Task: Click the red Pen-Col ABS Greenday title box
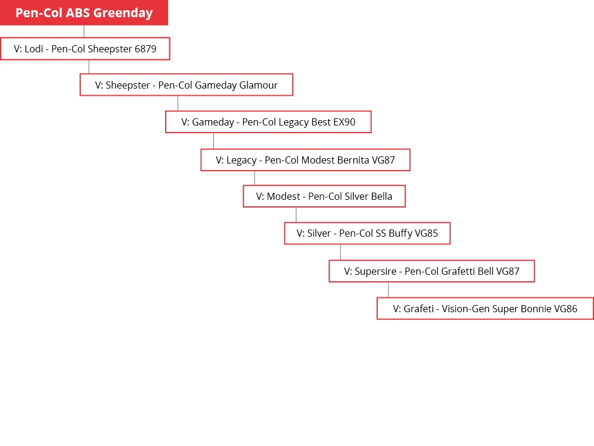tap(84, 12)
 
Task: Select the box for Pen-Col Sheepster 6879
tap(85, 49)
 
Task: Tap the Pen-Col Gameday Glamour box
tap(187, 84)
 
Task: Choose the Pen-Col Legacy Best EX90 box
tap(268, 122)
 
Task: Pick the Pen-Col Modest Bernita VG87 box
tap(305, 159)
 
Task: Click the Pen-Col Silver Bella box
tap(324, 196)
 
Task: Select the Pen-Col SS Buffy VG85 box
tap(368, 233)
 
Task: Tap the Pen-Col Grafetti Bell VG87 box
tap(432, 271)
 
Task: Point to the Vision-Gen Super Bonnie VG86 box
tap(485, 308)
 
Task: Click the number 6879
tap(146, 49)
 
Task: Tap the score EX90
tap(345, 122)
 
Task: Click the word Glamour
tap(258, 85)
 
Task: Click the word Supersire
tap(375, 272)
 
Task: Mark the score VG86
tap(565, 309)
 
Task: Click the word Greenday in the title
tap(123, 13)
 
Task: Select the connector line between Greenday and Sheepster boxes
tap(84, 31)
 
